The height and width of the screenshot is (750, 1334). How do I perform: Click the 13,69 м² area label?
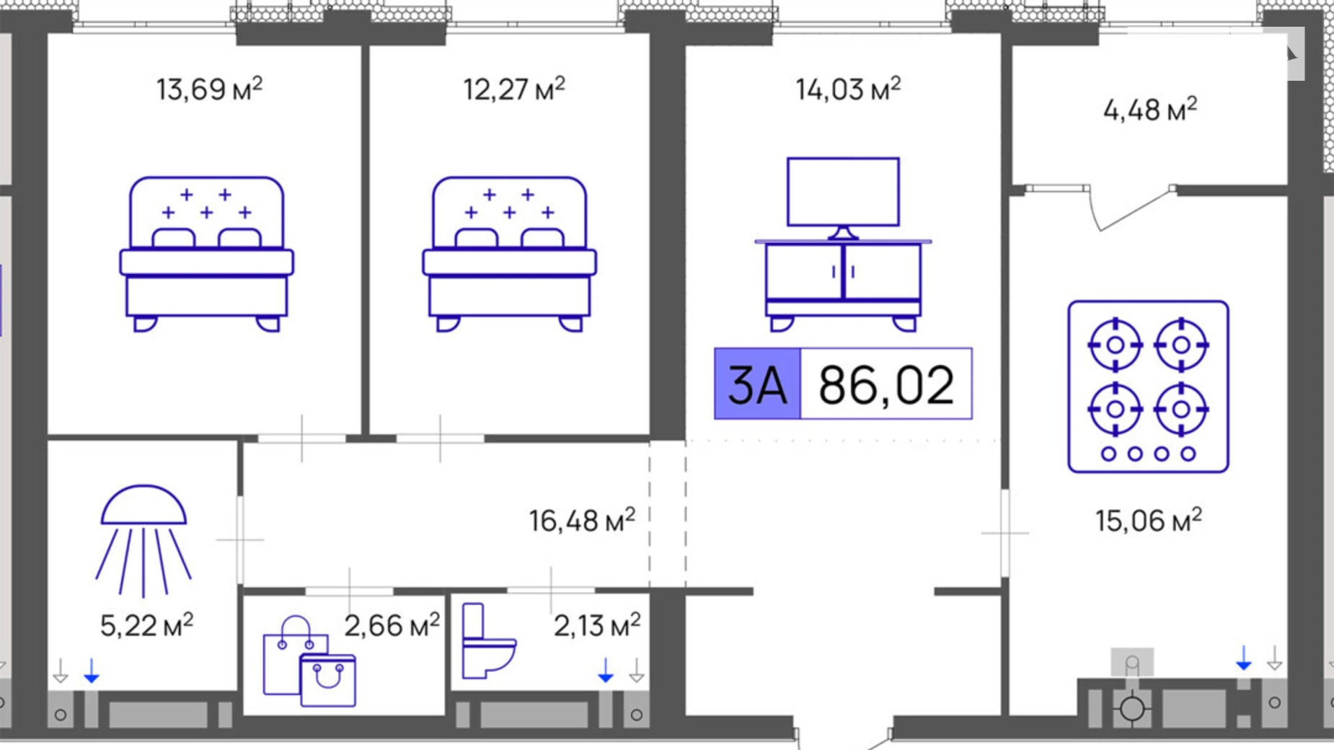click(x=209, y=89)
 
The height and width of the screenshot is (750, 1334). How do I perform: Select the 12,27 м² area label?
click(x=513, y=89)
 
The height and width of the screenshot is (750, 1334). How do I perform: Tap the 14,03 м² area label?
click(x=848, y=89)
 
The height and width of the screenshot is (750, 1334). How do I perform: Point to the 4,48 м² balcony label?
click(x=1150, y=110)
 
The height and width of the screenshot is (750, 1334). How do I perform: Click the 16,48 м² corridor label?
click(x=582, y=520)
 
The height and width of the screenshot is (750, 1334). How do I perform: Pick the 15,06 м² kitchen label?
click(x=1149, y=520)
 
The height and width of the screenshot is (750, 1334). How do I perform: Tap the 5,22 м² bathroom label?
click(x=146, y=625)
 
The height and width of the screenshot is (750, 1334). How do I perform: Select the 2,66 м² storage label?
click(x=392, y=625)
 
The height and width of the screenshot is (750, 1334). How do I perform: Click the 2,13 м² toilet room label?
click(x=597, y=625)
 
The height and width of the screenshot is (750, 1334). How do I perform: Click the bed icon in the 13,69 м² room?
click(x=206, y=254)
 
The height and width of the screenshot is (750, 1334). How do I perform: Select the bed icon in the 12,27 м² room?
click(x=509, y=254)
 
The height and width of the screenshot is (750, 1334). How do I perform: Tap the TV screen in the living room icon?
click(x=843, y=192)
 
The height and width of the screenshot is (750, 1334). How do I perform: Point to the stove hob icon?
click(x=1148, y=387)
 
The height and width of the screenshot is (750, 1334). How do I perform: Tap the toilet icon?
click(x=486, y=642)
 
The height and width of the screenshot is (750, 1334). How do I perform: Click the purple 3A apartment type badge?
click(x=757, y=384)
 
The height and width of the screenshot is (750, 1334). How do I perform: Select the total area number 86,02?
click(x=886, y=384)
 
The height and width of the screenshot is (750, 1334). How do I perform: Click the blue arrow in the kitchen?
click(x=1244, y=658)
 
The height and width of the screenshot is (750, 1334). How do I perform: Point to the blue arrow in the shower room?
click(x=92, y=671)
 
